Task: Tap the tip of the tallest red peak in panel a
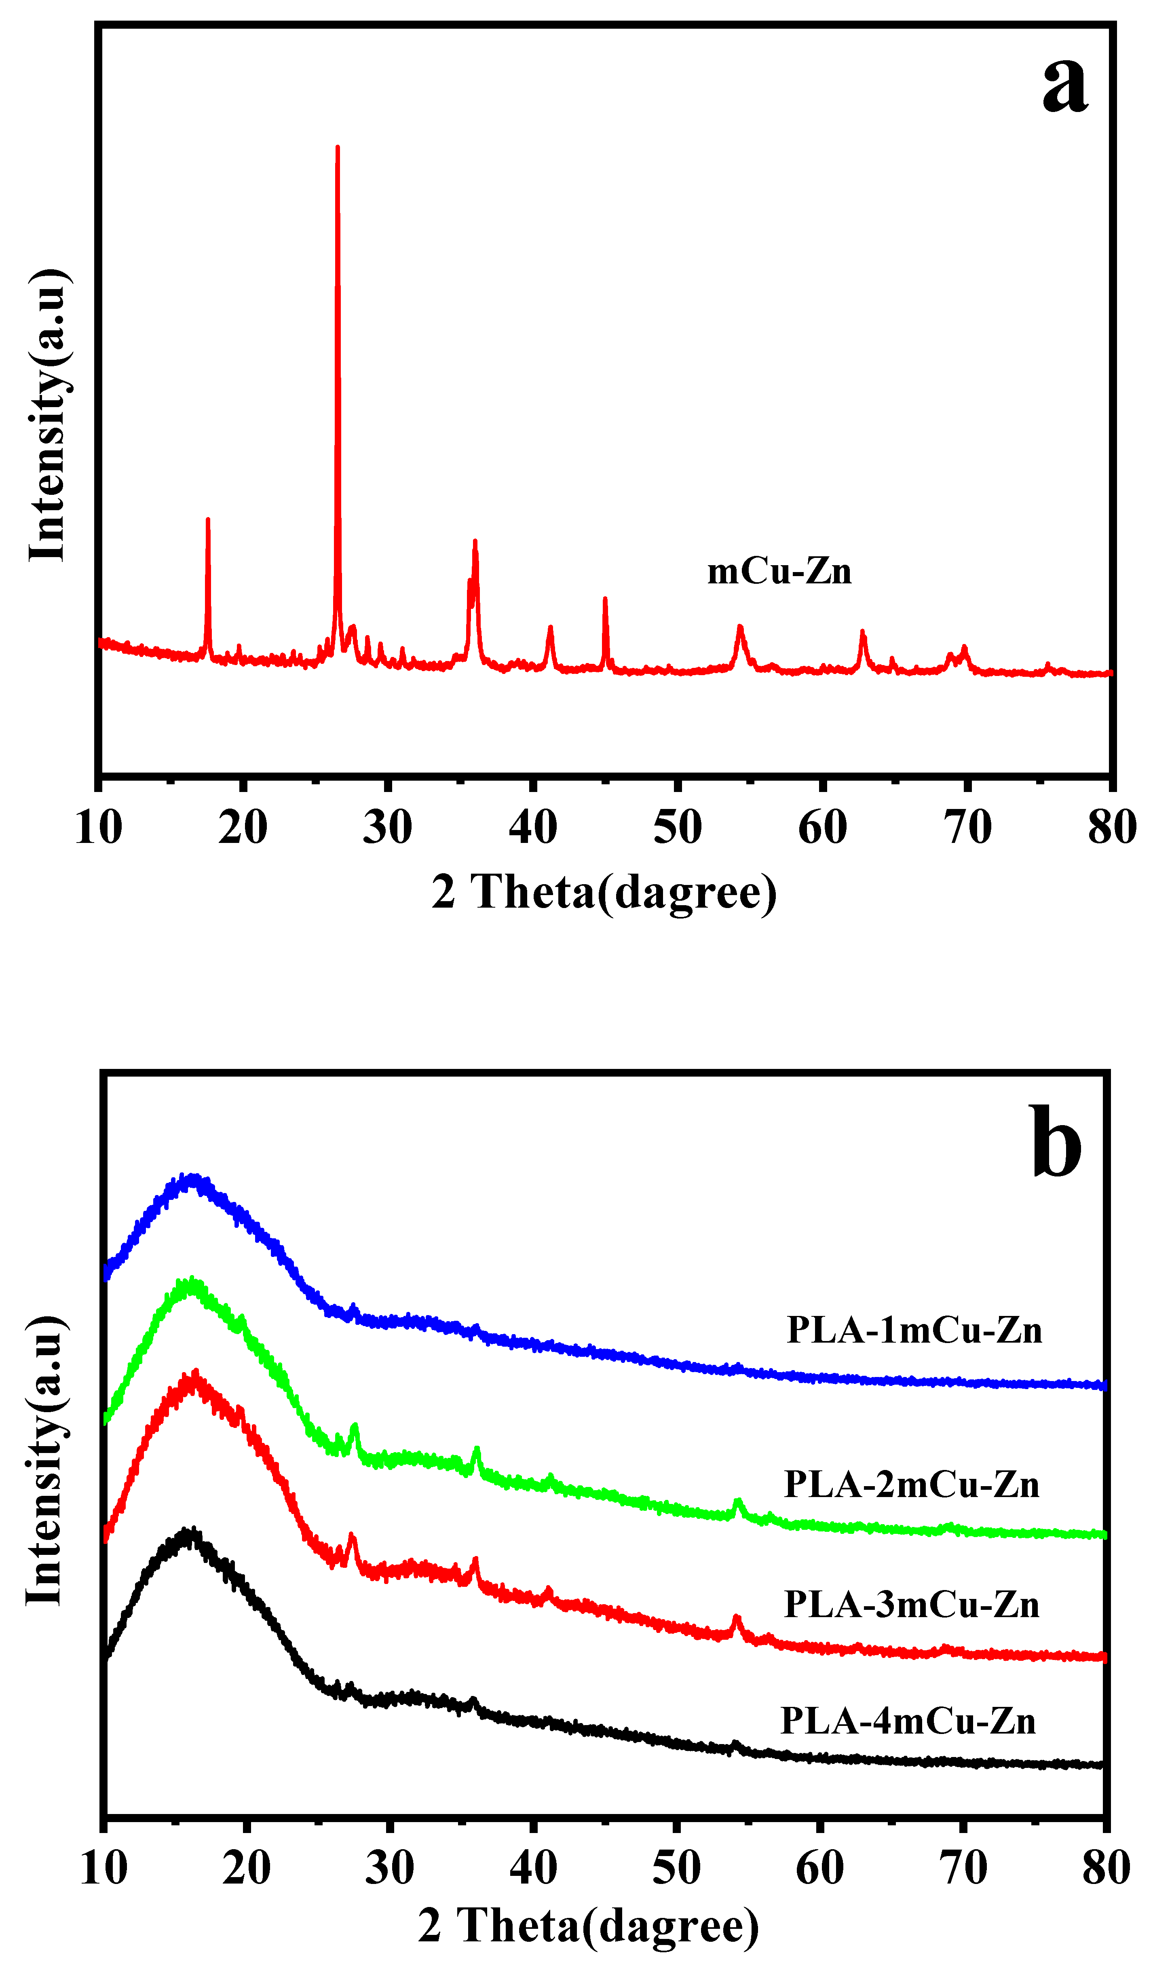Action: pos(337,148)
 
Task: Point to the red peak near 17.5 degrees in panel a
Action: pos(207,520)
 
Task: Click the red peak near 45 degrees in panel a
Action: pos(605,599)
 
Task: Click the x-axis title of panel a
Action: pos(604,892)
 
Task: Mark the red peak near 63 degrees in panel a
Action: pos(862,632)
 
